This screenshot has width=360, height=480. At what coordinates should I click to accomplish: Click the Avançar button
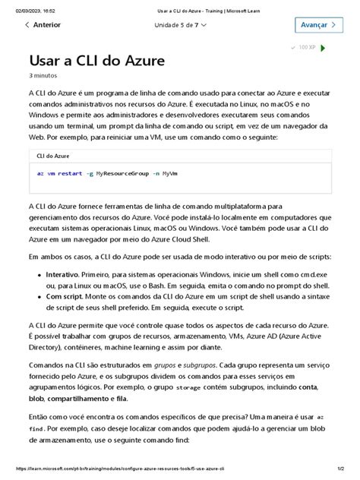315,25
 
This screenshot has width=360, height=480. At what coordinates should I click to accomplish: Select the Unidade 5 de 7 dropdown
181,25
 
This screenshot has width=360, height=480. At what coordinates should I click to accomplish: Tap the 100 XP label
307,47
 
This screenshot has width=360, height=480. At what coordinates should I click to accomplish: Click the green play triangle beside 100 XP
324,48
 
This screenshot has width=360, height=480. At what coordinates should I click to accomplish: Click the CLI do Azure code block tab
53,155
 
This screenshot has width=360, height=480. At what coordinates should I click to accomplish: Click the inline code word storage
188,387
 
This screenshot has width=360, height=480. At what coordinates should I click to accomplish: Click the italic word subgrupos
192,365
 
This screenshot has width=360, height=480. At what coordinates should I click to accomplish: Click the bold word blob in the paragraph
36,398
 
